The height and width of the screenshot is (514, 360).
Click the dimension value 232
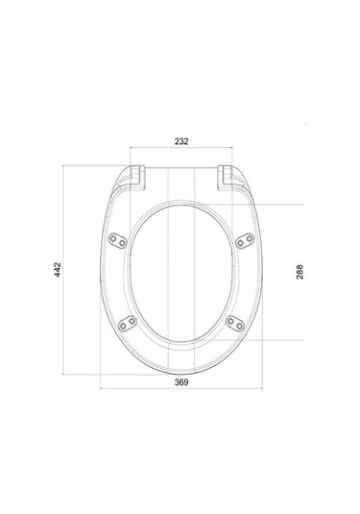click(x=181, y=141)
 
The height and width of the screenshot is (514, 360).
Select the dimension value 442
click(x=58, y=269)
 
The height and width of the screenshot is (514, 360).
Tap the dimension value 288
click(x=300, y=272)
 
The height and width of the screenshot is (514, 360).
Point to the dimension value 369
click(x=181, y=382)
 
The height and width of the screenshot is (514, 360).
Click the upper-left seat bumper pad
click(x=118, y=240)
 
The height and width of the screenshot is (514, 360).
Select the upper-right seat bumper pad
click(x=245, y=240)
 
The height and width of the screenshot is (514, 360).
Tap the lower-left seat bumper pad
click(x=128, y=323)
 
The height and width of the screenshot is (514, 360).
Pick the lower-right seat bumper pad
click(x=235, y=324)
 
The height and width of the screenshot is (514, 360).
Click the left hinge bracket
click(x=137, y=178)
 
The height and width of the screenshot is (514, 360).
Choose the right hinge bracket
click(x=225, y=178)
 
